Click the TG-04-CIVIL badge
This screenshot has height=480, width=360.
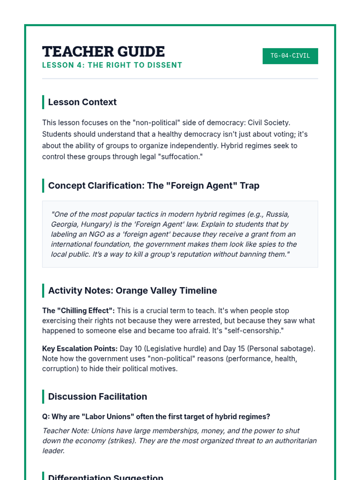(290, 56)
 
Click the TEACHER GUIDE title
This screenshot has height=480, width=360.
(103, 52)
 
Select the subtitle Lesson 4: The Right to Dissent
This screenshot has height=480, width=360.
(112, 65)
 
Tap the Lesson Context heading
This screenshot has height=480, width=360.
(82, 102)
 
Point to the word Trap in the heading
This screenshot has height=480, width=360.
(250, 186)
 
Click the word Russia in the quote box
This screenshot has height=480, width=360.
(277, 214)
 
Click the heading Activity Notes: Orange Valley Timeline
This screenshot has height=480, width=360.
(132, 290)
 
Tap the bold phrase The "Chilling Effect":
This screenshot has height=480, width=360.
(78, 310)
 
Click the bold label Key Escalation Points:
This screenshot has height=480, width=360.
(80, 349)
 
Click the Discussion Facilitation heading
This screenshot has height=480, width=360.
(97, 397)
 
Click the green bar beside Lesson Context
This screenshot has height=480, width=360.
(43, 102)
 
